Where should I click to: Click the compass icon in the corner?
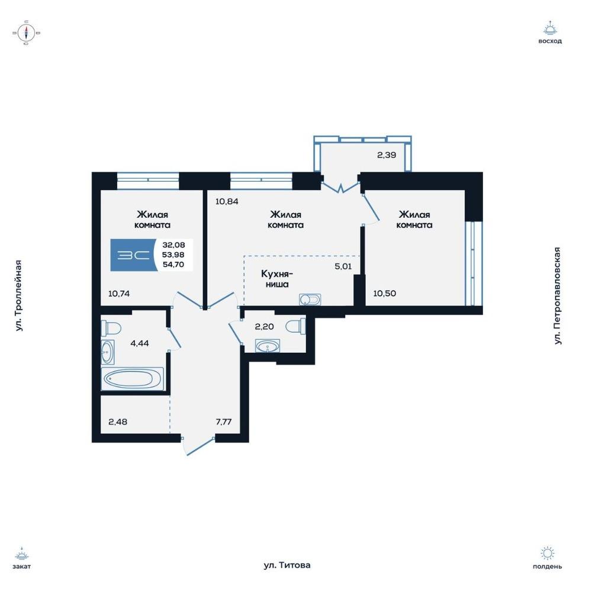click(27, 33)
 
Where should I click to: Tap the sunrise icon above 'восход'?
click(550, 28)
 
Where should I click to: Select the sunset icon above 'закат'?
click(21, 554)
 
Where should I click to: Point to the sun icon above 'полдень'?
click(547, 554)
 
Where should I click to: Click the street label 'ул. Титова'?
click(287, 565)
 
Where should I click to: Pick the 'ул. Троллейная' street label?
click(19, 295)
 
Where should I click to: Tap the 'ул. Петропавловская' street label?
click(557, 295)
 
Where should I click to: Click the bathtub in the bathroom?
click(132, 378)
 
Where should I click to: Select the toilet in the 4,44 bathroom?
click(111, 328)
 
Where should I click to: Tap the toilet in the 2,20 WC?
click(296, 326)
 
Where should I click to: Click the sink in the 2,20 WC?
click(268, 346)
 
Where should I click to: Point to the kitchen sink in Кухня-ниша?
click(310, 300)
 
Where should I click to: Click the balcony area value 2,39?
click(387, 155)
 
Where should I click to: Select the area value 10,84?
click(227, 201)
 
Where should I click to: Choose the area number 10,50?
click(385, 294)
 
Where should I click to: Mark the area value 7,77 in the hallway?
click(224, 422)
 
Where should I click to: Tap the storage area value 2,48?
click(118, 422)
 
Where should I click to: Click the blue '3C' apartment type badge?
click(133, 255)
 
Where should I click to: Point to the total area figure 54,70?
click(173, 264)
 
